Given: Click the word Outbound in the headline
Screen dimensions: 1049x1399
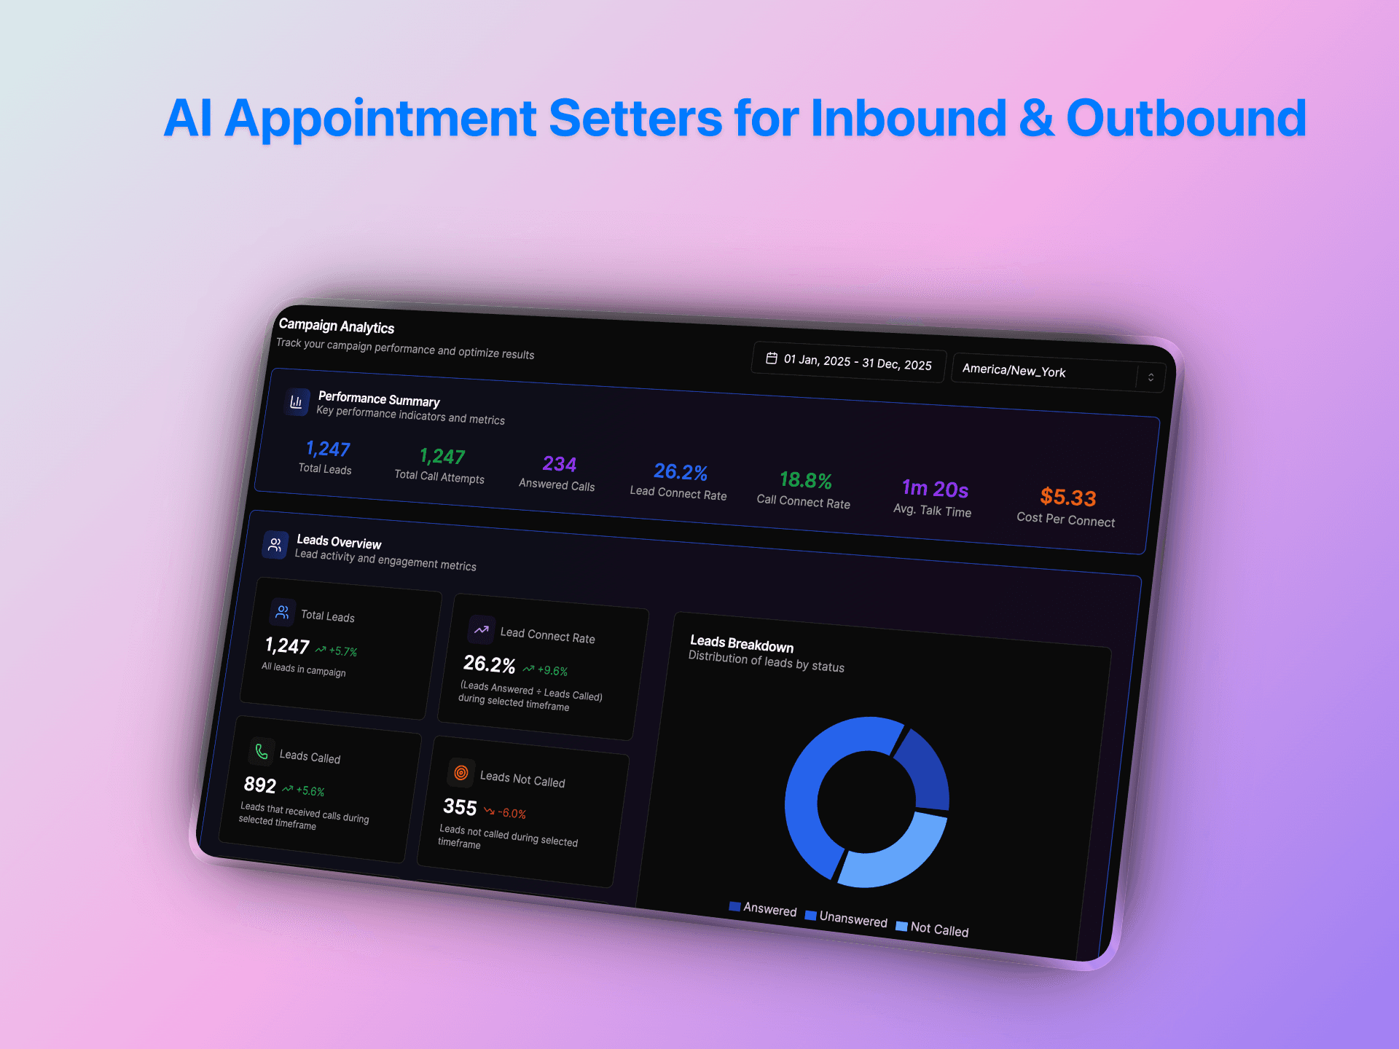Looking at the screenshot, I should tap(1186, 119).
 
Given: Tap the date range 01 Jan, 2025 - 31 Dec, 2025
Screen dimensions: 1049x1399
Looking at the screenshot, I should tap(857, 362).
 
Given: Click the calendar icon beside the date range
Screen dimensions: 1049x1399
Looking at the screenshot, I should tap(772, 358).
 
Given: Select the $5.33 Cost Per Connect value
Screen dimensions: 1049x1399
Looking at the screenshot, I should tap(1068, 498).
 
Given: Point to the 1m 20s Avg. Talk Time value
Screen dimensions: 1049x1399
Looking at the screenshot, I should tap(935, 489).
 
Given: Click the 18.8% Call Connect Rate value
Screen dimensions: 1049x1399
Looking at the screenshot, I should tap(806, 480).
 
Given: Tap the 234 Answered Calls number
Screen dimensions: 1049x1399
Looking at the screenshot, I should tap(560, 464).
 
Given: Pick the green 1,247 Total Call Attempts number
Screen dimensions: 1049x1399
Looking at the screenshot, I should tap(442, 457).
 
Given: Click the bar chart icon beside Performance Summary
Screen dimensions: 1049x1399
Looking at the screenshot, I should tap(297, 401).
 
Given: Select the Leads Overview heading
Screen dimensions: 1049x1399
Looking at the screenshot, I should tap(339, 542).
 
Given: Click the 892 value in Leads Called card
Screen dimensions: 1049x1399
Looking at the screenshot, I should tap(260, 785).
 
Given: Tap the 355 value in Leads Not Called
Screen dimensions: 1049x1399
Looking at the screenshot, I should tap(460, 807).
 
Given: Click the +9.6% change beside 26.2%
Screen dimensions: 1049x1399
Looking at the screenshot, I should tap(552, 671).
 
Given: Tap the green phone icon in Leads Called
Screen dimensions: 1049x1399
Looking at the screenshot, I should tap(262, 751).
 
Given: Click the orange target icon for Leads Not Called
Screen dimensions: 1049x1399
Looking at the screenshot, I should tap(461, 773).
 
